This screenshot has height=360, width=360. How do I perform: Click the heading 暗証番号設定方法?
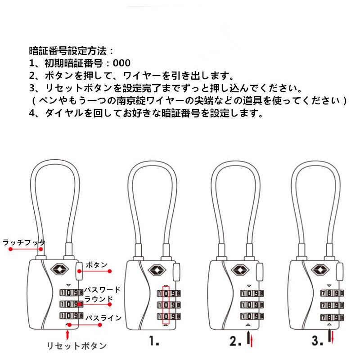[x=68, y=51]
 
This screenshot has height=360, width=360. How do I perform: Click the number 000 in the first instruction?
[x=121, y=63]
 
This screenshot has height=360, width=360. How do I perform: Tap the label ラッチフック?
[x=24, y=243]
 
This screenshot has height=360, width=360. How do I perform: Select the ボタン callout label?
[x=97, y=265]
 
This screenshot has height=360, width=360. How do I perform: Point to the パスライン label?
[x=103, y=318]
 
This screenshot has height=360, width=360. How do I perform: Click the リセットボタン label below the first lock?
[x=76, y=346]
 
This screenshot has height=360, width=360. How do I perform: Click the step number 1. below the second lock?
[x=154, y=341]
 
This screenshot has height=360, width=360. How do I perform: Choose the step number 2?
[x=235, y=341]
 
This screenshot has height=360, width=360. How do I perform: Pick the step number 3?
[x=317, y=341]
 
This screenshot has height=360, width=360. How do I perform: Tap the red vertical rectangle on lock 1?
[x=166, y=305]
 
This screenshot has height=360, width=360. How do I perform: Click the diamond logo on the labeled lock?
[x=59, y=269]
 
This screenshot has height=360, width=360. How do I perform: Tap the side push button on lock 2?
[x=260, y=272]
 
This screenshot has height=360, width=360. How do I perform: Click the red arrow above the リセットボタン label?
[x=67, y=335]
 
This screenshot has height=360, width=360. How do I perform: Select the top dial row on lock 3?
[x=332, y=293]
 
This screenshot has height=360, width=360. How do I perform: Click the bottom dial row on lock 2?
[x=252, y=316]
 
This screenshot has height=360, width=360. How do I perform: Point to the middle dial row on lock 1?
[x=169, y=305]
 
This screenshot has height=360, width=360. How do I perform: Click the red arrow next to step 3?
[x=332, y=337]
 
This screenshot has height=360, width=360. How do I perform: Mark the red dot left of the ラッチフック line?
[x=10, y=249]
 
